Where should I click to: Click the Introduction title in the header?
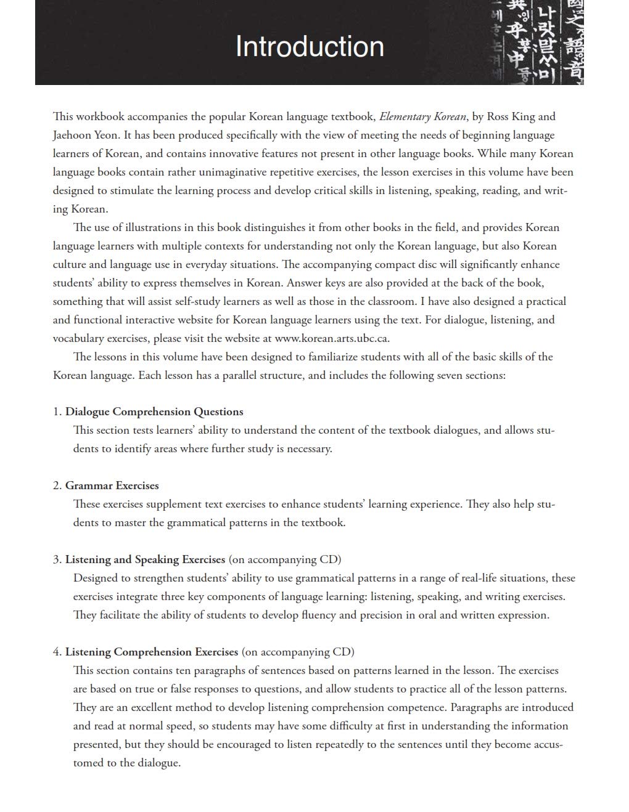point(310,47)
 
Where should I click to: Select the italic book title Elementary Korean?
point(422,116)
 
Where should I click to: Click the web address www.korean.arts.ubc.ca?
point(332,338)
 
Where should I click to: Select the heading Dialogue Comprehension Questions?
point(154,412)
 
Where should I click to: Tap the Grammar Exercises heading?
point(112,485)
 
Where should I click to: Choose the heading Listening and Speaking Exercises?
point(145,559)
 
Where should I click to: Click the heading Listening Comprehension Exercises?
point(152,652)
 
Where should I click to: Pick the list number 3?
point(57,559)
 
